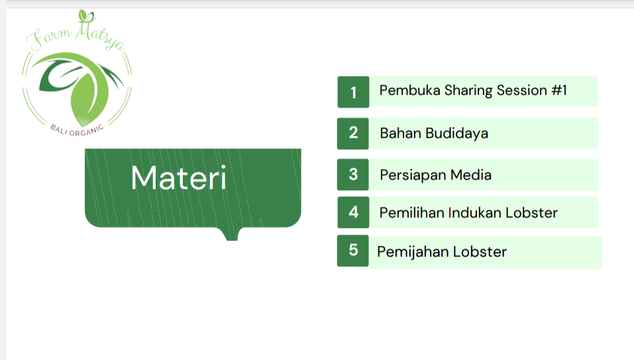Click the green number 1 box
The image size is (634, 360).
click(x=353, y=92)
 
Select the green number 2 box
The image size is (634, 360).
click(x=353, y=133)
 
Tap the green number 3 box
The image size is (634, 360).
click(x=353, y=175)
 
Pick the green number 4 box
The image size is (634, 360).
click(x=353, y=212)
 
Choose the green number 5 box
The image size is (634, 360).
click(x=353, y=251)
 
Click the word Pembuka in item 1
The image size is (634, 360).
click(x=409, y=90)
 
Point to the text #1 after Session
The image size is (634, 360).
click(x=559, y=90)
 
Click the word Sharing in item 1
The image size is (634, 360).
click(x=468, y=91)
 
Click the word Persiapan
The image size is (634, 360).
click(x=413, y=176)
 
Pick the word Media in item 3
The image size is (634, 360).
click(x=471, y=175)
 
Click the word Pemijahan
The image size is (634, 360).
click(x=413, y=252)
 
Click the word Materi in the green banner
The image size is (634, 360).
click(x=179, y=178)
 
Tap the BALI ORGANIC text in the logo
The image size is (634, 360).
click(x=77, y=130)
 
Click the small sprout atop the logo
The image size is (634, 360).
click(x=87, y=16)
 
